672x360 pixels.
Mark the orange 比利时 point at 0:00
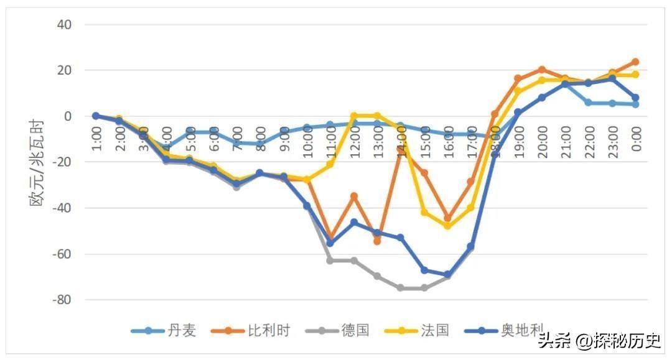click(635, 62)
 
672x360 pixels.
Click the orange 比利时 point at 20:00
click(541, 70)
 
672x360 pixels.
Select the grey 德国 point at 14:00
click(401, 288)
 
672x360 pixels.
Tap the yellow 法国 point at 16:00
click(447, 226)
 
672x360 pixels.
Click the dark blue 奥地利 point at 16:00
click(447, 274)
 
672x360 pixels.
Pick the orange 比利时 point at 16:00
click(447, 218)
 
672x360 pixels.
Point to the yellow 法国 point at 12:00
click(354, 116)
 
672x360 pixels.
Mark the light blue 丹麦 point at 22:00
click(588, 103)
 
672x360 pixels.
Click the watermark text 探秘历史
click(629, 341)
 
